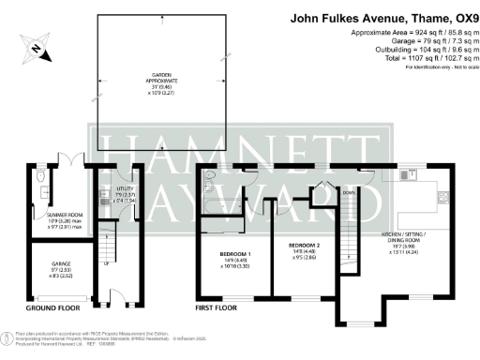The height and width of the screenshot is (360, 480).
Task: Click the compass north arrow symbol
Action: pos(35,46)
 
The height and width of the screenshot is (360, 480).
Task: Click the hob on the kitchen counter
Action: pos(442,197)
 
